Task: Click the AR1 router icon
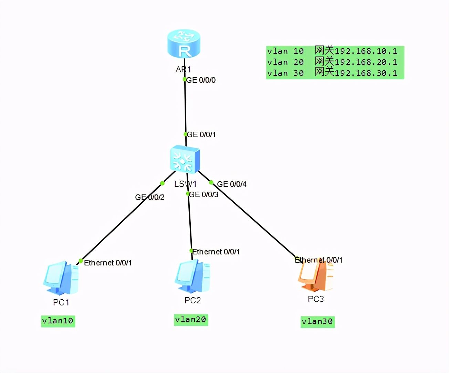(184, 44)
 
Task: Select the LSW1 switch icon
(185, 159)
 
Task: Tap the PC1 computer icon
(61, 278)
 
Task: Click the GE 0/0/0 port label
(201, 80)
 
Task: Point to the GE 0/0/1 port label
(201, 134)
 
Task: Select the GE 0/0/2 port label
(150, 197)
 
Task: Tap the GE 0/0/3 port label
(203, 194)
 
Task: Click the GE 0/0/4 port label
(232, 184)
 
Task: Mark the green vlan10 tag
(58, 321)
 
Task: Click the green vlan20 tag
(191, 320)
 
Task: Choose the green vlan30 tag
(317, 322)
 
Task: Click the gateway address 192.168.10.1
(366, 51)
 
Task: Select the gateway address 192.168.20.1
(366, 62)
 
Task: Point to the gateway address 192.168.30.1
(366, 73)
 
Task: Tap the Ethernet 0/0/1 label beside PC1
(108, 263)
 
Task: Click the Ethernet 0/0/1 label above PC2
(216, 252)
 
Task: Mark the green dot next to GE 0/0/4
(211, 183)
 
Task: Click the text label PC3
(316, 299)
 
